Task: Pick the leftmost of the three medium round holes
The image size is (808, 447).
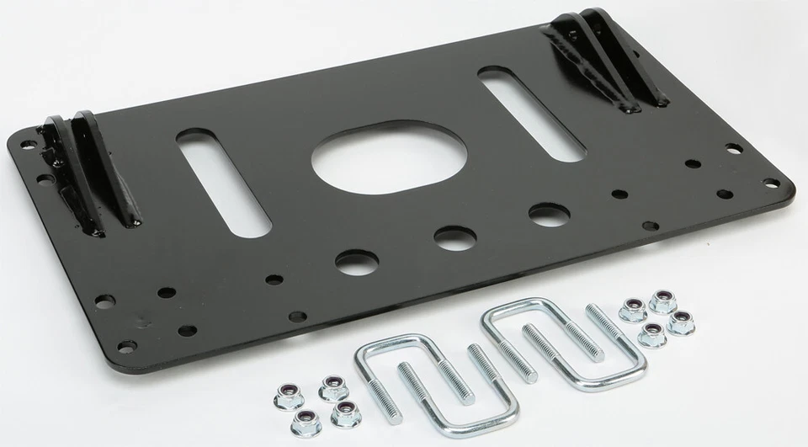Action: click(x=352, y=260)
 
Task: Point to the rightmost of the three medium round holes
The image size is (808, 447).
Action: click(x=545, y=214)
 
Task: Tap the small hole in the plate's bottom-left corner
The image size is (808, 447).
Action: click(x=126, y=346)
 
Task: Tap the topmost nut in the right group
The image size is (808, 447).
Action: click(x=661, y=299)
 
